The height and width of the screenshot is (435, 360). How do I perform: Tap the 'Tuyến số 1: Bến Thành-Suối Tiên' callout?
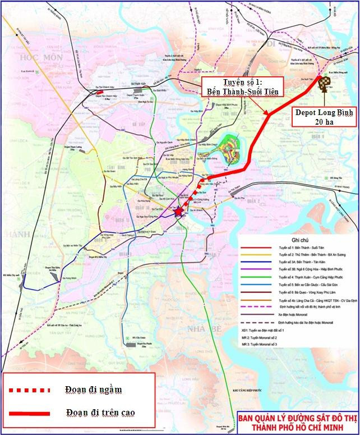(239, 87)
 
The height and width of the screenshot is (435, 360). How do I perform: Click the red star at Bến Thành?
(178, 212)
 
